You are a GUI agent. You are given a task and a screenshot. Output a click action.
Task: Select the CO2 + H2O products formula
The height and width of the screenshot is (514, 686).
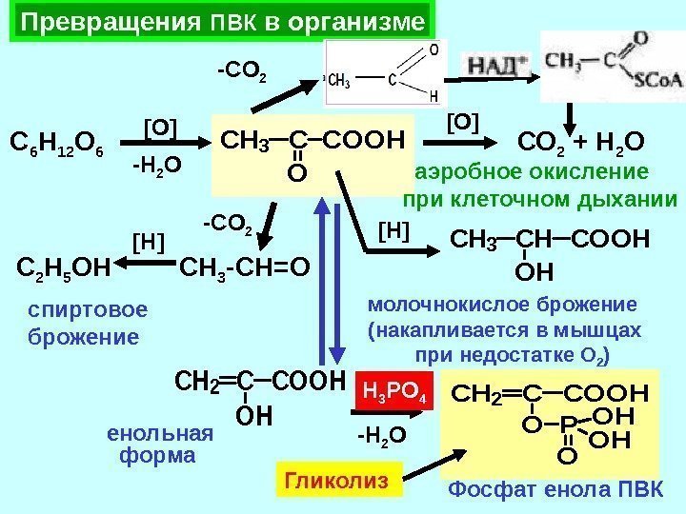pos(581,145)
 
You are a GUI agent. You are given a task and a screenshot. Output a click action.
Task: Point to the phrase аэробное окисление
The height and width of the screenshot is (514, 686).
pos(532,172)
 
